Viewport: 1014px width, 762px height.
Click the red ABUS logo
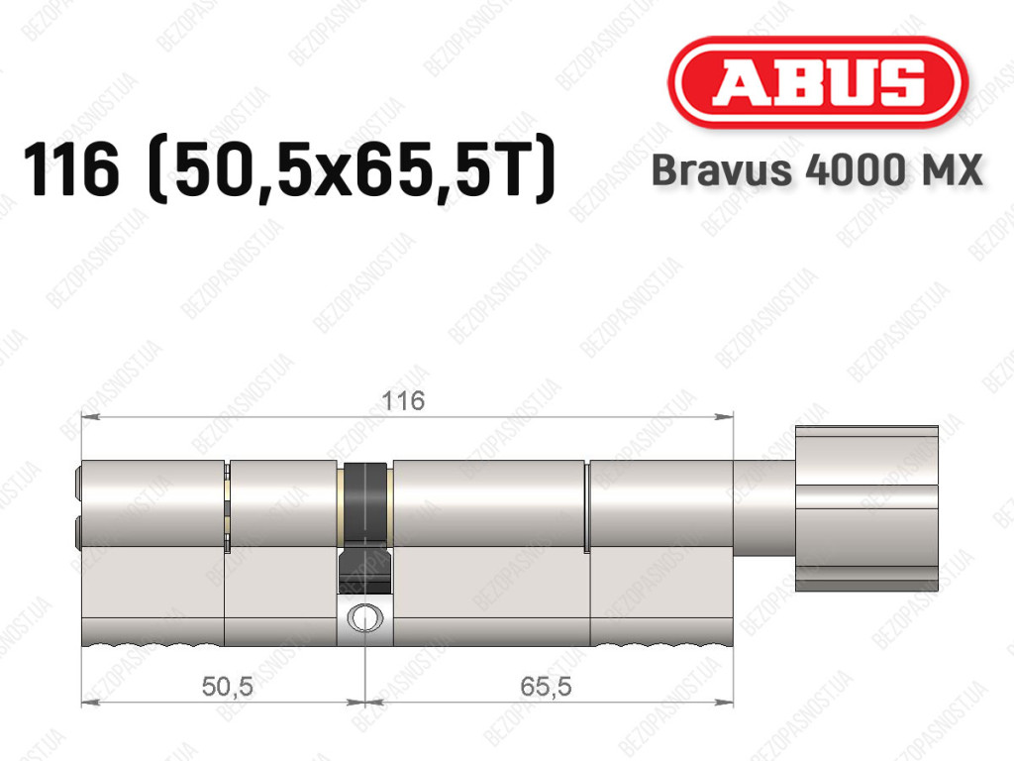coord(817,82)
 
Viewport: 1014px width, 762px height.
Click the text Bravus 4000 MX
coord(817,170)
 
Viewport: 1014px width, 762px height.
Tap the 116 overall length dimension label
coord(403,401)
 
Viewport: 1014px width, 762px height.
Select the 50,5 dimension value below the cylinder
coord(227,687)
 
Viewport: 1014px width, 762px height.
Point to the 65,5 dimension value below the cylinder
coord(546,687)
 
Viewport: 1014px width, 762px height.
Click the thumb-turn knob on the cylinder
coord(866,508)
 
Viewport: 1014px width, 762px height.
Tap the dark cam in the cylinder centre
coord(365,527)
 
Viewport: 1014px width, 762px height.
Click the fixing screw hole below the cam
coord(365,617)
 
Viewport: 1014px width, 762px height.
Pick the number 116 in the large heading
coord(71,169)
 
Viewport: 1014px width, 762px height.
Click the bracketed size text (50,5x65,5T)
coord(352,169)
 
